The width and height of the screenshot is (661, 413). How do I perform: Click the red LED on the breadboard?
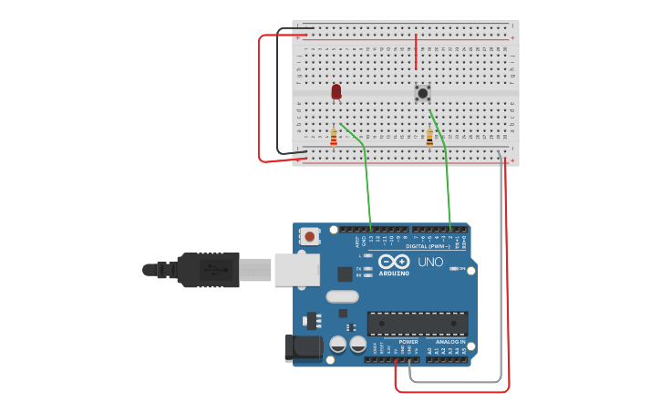336,91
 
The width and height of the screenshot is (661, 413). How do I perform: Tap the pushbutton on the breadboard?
423,93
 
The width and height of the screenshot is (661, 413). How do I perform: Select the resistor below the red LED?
334,138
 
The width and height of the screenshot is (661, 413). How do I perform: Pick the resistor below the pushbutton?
429,138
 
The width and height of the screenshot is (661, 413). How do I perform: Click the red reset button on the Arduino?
310,237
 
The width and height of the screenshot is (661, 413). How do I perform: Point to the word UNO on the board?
430,263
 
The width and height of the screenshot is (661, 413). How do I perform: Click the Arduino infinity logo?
394,262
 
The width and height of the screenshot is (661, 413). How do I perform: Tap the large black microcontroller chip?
418,323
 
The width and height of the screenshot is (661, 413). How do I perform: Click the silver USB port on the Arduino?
297,270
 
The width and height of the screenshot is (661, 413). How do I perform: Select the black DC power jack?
304,347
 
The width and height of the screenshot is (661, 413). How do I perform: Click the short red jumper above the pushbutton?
417,52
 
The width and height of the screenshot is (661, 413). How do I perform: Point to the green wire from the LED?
366,173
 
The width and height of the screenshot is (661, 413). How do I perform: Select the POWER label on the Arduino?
408,342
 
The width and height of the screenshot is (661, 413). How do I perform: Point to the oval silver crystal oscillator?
342,296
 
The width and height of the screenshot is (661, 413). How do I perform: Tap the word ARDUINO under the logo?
395,273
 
